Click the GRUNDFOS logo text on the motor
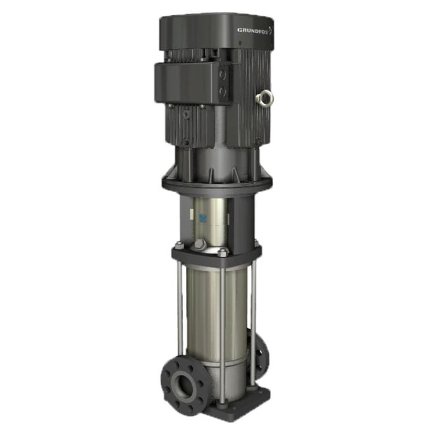253,30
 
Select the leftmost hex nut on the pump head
178,245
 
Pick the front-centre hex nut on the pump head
223,253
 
